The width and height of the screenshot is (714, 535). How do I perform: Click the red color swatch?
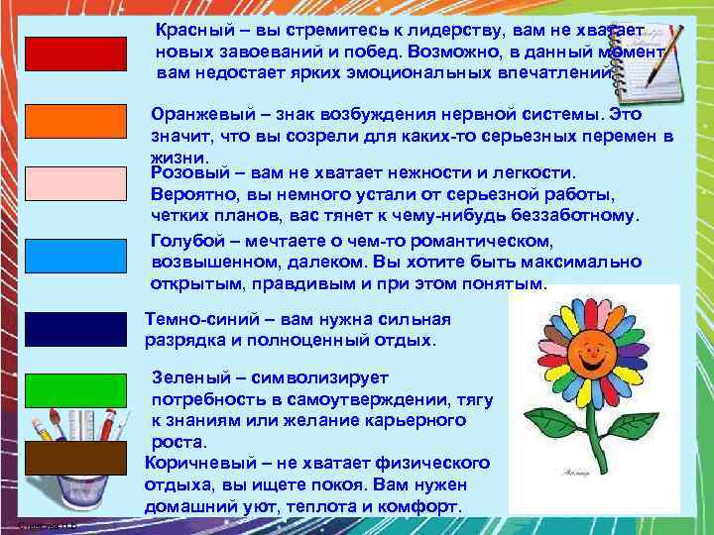(76, 53)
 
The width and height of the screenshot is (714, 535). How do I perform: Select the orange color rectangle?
(76, 121)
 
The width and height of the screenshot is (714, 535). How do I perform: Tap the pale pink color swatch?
(76, 186)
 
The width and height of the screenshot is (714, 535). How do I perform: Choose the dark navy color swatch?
(76, 329)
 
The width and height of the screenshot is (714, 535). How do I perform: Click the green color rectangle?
(76, 391)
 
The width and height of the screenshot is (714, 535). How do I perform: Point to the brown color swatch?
(76, 458)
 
